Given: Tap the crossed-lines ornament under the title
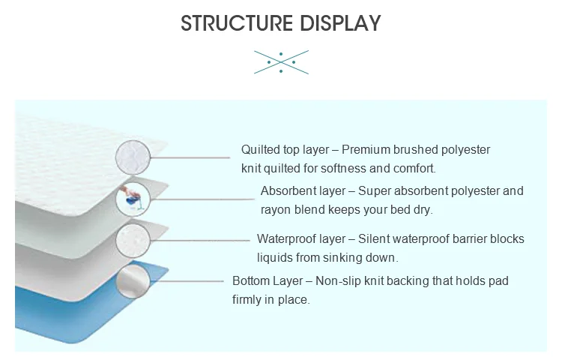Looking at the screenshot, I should [x=280, y=62].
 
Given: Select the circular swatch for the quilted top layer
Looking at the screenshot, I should [x=133, y=157].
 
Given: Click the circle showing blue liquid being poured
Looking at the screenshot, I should [x=133, y=199].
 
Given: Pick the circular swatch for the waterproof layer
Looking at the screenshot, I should [x=133, y=241].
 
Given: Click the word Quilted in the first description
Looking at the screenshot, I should [x=259, y=150].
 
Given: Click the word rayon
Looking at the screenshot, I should [x=275, y=210].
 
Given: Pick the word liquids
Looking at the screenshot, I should [x=276, y=258].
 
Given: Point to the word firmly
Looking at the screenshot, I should [x=249, y=300].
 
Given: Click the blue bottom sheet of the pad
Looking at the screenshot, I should [x=75, y=315].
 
